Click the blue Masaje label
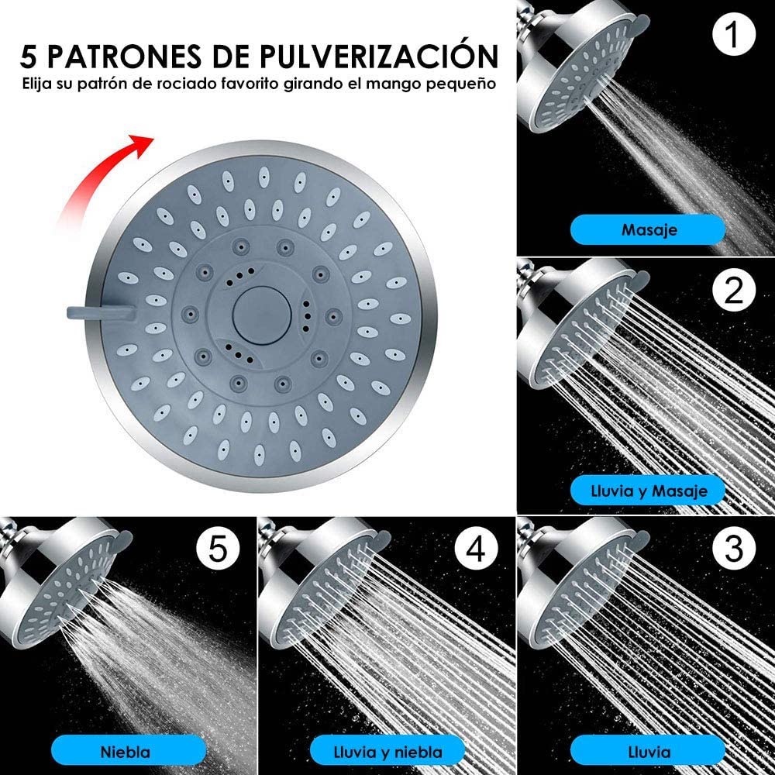648,229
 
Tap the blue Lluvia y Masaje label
648,490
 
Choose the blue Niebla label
127,751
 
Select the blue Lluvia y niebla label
387,751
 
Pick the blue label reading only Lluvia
648,751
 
